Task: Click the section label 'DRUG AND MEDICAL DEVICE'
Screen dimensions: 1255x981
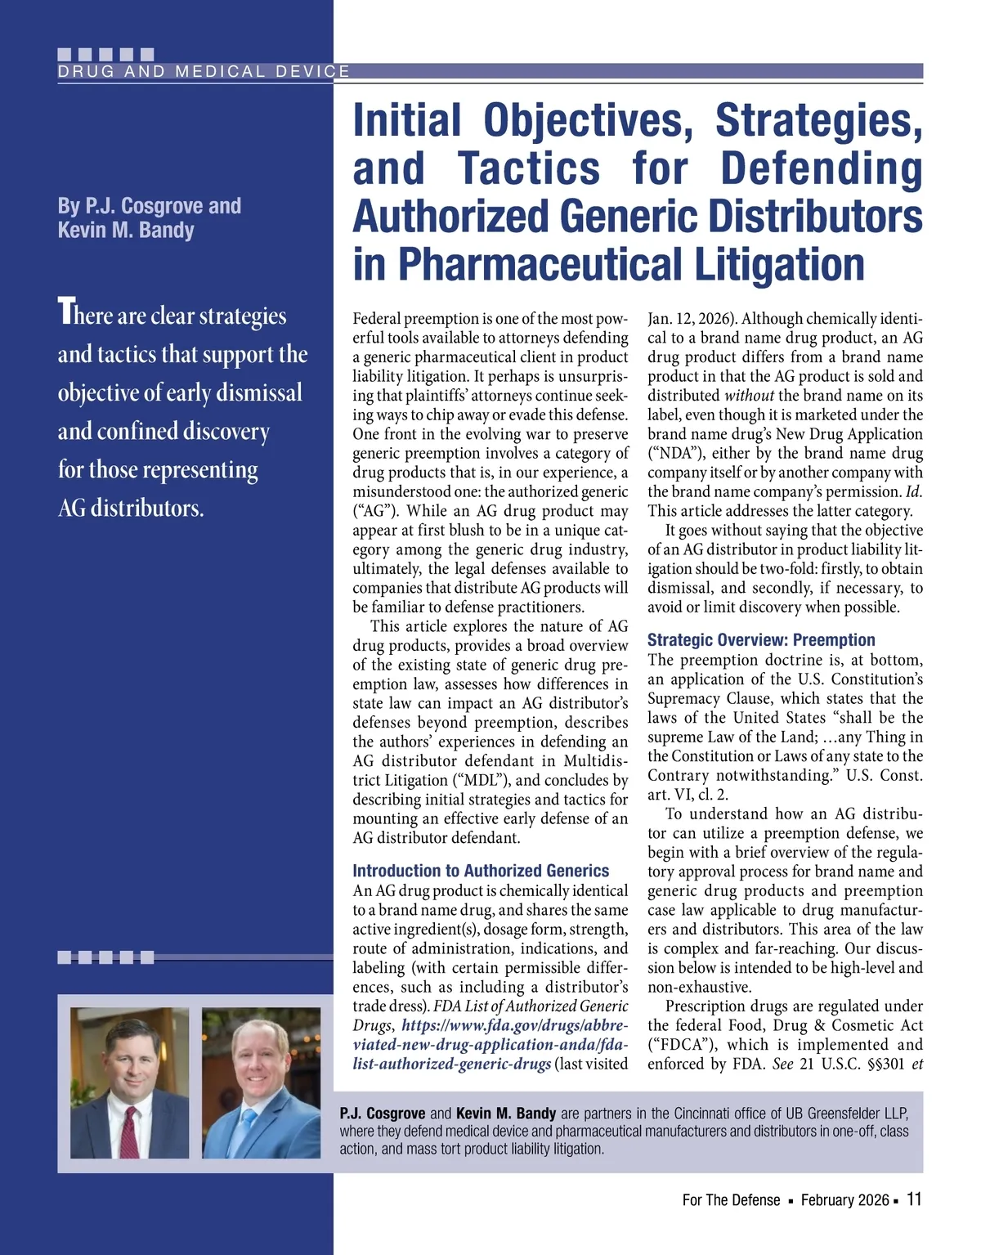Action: tap(204, 71)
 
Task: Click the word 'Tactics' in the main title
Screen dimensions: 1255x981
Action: tap(529, 168)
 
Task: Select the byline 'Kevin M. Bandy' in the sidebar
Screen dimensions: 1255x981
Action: tap(126, 230)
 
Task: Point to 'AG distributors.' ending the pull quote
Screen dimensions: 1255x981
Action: tap(131, 508)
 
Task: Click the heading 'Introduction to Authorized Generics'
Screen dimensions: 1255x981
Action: tap(481, 871)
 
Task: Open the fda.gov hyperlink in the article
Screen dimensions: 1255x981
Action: tap(490, 1045)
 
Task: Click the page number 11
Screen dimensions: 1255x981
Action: tap(914, 1199)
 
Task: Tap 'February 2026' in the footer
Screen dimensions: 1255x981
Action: tap(844, 1200)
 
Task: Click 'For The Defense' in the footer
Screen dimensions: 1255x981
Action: tap(731, 1200)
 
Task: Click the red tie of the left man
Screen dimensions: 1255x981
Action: tap(129, 1132)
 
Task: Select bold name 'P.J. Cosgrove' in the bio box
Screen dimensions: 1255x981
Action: tap(382, 1114)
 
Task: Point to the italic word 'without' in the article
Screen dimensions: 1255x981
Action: tap(749, 396)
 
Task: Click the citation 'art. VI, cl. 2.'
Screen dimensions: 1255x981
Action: tap(688, 795)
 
